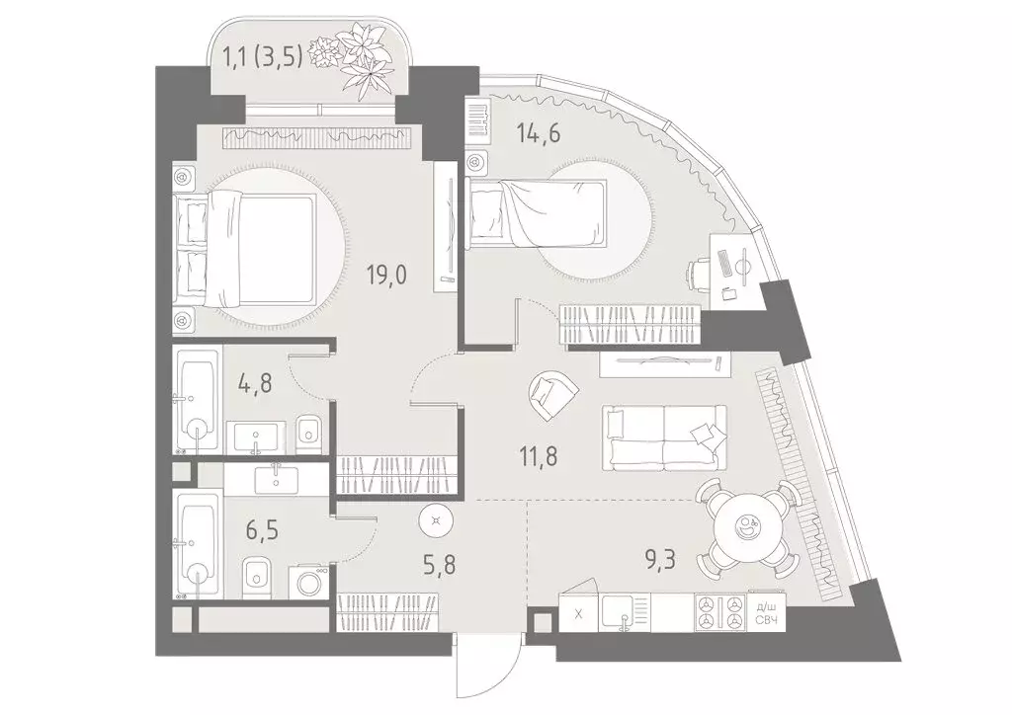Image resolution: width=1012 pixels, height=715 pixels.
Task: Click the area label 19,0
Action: pyautogui.click(x=386, y=276)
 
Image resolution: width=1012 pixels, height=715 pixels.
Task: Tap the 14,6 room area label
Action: pyautogui.click(x=539, y=133)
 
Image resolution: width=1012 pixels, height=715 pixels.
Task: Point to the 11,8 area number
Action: pyautogui.click(x=539, y=456)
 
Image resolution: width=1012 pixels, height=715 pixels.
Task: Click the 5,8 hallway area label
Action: pyautogui.click(x=438, y=566)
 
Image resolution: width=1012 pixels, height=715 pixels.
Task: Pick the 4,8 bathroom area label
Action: pyautogui.click(x=255, y=383)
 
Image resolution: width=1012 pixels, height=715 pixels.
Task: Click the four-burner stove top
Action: pyautogui.click(x=719, y=611)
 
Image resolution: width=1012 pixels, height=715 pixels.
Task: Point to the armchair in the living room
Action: pyautogui.click(x=551, y=395)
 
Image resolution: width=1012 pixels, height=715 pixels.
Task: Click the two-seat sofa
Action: pyautogui.click(x=665, y=437)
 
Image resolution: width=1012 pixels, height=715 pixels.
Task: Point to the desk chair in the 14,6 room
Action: pyautogui.click(x=699, y=273)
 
